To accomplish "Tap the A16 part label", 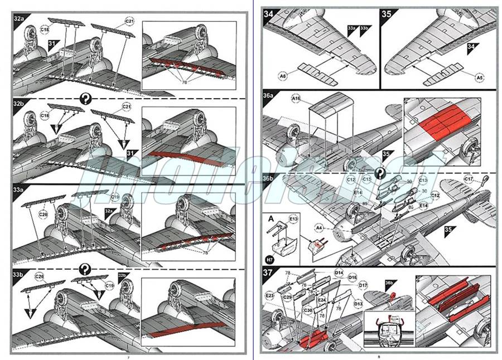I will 296,99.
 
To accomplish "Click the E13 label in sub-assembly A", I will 293,219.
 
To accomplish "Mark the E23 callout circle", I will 269,295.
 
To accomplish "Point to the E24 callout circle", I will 321,299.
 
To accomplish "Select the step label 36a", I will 269,96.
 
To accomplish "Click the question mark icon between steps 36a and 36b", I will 382,172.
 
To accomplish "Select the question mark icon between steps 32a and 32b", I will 85,99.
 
